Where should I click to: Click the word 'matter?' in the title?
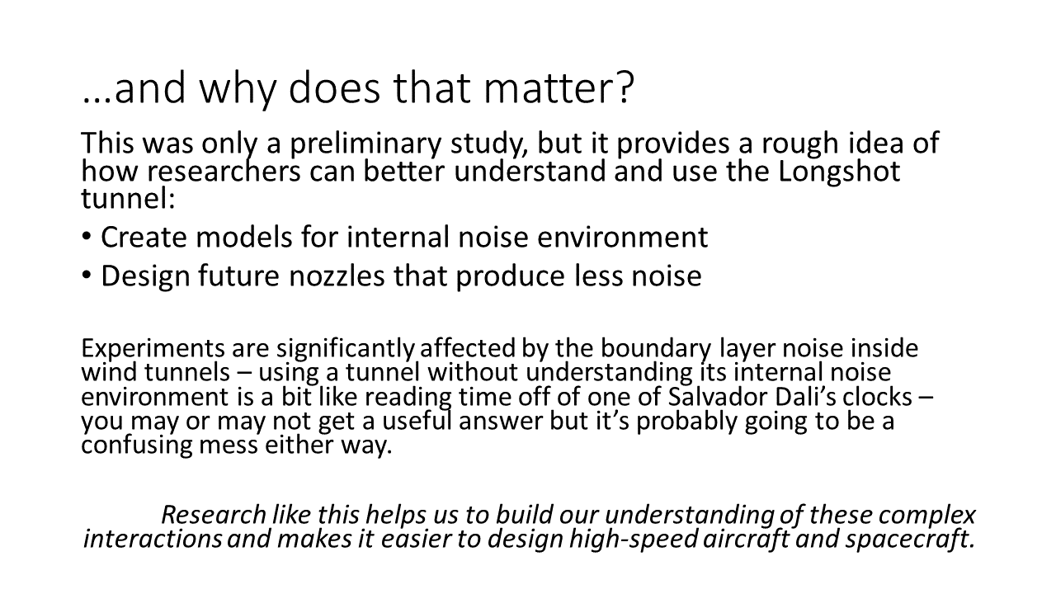[x=559, y=88]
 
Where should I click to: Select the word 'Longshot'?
[x=839, y=172]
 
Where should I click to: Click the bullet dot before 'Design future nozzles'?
[x=87, y=275]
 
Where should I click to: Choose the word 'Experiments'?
[x=153, y=349]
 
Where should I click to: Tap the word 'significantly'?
[x=345, y=349]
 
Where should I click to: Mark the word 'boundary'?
[x=656, y=349]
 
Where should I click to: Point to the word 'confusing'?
[x=137, y=445]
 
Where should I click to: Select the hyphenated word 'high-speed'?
[x=634, y=540]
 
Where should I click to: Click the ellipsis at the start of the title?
[x=97, y=100]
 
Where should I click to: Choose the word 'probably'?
[x=687, y=422]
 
